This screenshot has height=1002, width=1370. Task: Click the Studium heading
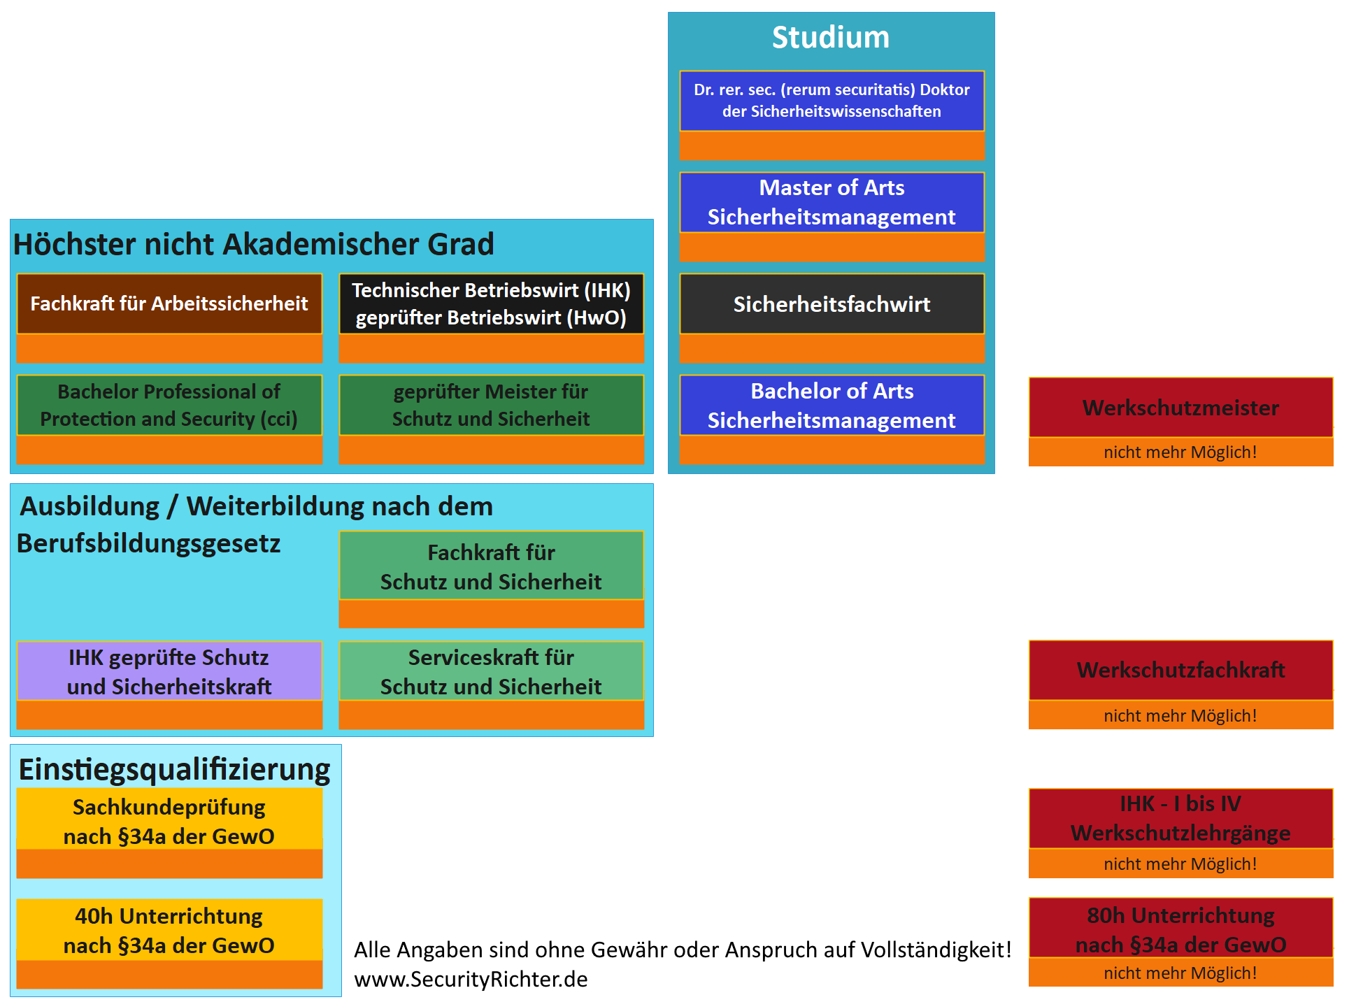click(830, 38)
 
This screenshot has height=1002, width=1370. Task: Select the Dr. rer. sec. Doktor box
click(832, 101)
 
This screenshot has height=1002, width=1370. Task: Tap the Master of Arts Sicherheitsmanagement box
click(832, 202)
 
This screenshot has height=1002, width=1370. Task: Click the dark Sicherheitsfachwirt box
click(832, 304)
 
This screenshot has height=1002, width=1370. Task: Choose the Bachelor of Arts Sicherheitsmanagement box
click(832, 406)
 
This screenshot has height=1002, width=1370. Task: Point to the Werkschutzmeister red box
click(1180, 408)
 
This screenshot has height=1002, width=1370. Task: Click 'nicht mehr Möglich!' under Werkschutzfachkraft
click(1180, 715)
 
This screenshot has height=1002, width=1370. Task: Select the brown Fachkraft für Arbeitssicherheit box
click(169, 303)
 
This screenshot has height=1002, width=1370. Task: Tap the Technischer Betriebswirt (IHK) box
click(491, 303)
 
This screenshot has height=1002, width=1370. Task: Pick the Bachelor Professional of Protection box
click(169, 405)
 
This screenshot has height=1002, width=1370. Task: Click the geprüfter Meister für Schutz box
click(491, 405)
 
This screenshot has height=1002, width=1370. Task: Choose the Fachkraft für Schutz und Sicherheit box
click(491, 566)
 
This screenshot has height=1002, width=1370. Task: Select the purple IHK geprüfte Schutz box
click(169, 671)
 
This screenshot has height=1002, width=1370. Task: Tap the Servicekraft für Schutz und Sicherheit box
click(491, 671)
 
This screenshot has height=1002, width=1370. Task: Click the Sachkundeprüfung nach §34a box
click(169, 821)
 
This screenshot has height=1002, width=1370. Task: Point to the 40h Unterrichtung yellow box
click(169, 930)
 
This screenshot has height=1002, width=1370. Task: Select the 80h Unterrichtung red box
click(1180, 929)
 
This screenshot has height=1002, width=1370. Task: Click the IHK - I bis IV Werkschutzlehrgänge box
click(1180, 818)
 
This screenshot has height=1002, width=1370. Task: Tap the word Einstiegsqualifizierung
click(174, 769)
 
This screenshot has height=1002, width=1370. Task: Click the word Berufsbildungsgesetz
click(148, 543)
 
